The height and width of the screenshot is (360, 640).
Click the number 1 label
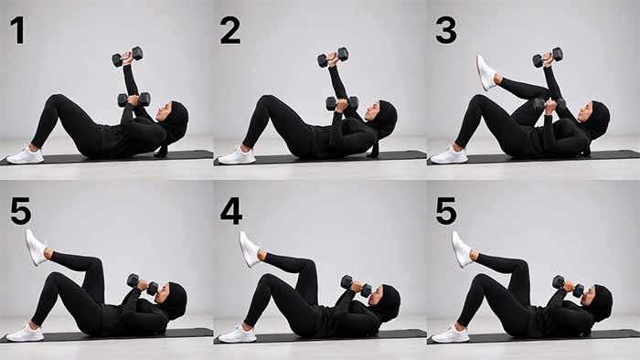click(x=17, y=30)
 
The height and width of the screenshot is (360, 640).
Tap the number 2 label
click(x=229, y=30)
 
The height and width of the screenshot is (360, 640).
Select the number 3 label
click(x=445, y=30)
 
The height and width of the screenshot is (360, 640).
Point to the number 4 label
click(x=230, y=210)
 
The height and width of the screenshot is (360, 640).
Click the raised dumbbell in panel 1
click(x=127, y=57)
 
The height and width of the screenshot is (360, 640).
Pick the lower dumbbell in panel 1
click(x=134, y=100)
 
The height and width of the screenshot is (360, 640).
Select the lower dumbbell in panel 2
click(x=341, y=103)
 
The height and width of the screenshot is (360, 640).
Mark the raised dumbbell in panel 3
click(x=548, y=58)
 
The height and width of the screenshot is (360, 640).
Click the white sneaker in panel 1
click(x=25, y=155)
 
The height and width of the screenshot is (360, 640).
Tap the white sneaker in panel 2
click(x=237, y=155)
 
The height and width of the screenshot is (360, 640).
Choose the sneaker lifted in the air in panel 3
click(x=485, y=71)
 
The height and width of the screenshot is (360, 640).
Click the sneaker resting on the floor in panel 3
click(x=449, y=155)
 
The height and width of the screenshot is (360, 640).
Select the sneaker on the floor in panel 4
click(x=237, y=334)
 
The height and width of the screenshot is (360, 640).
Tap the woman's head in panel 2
click(x=382, y=116)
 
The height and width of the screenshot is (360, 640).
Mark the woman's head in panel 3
click(x=596, y=116)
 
